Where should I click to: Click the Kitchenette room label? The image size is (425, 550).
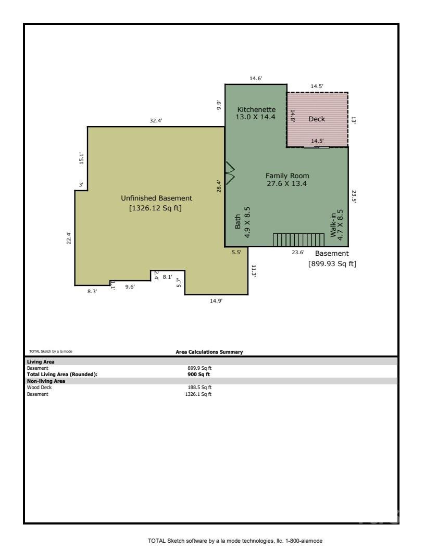pyautogui.click(x=256, y=109)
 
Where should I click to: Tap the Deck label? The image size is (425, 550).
pyautogui.click(x=317, y=119)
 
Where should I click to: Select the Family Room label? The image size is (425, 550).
pyautogui.click(x=287, y=176)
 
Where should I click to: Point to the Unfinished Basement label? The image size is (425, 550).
pyautogui.click(x=156, y=198)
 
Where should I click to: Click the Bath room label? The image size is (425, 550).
pyautogui.click(x=239, y=223)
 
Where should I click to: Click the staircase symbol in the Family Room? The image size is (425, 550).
pyautogui.click(x=295, y=240)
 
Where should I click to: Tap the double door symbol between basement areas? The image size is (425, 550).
pyautogui.click(x=230, y=173)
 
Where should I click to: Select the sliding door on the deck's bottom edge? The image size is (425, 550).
pyautogui.click(x=317, y=147)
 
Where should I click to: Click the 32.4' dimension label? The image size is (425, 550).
pyautogui.click(x=156, y=120)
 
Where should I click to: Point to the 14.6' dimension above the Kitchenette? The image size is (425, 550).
pyautogui.click(x=256, y=78)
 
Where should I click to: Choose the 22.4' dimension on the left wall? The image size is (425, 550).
pyautogui.click(x=68, y=238)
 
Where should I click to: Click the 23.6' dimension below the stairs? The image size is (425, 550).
pyautogui.click(x=297, y=253)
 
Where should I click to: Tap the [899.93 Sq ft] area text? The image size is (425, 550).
pyautogui.click(x=332, y=264)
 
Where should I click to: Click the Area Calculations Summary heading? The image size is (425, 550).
pyautogui.click(x=209, y=352)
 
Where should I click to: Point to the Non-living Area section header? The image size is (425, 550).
pyautogui.click(x=44, y=381)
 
